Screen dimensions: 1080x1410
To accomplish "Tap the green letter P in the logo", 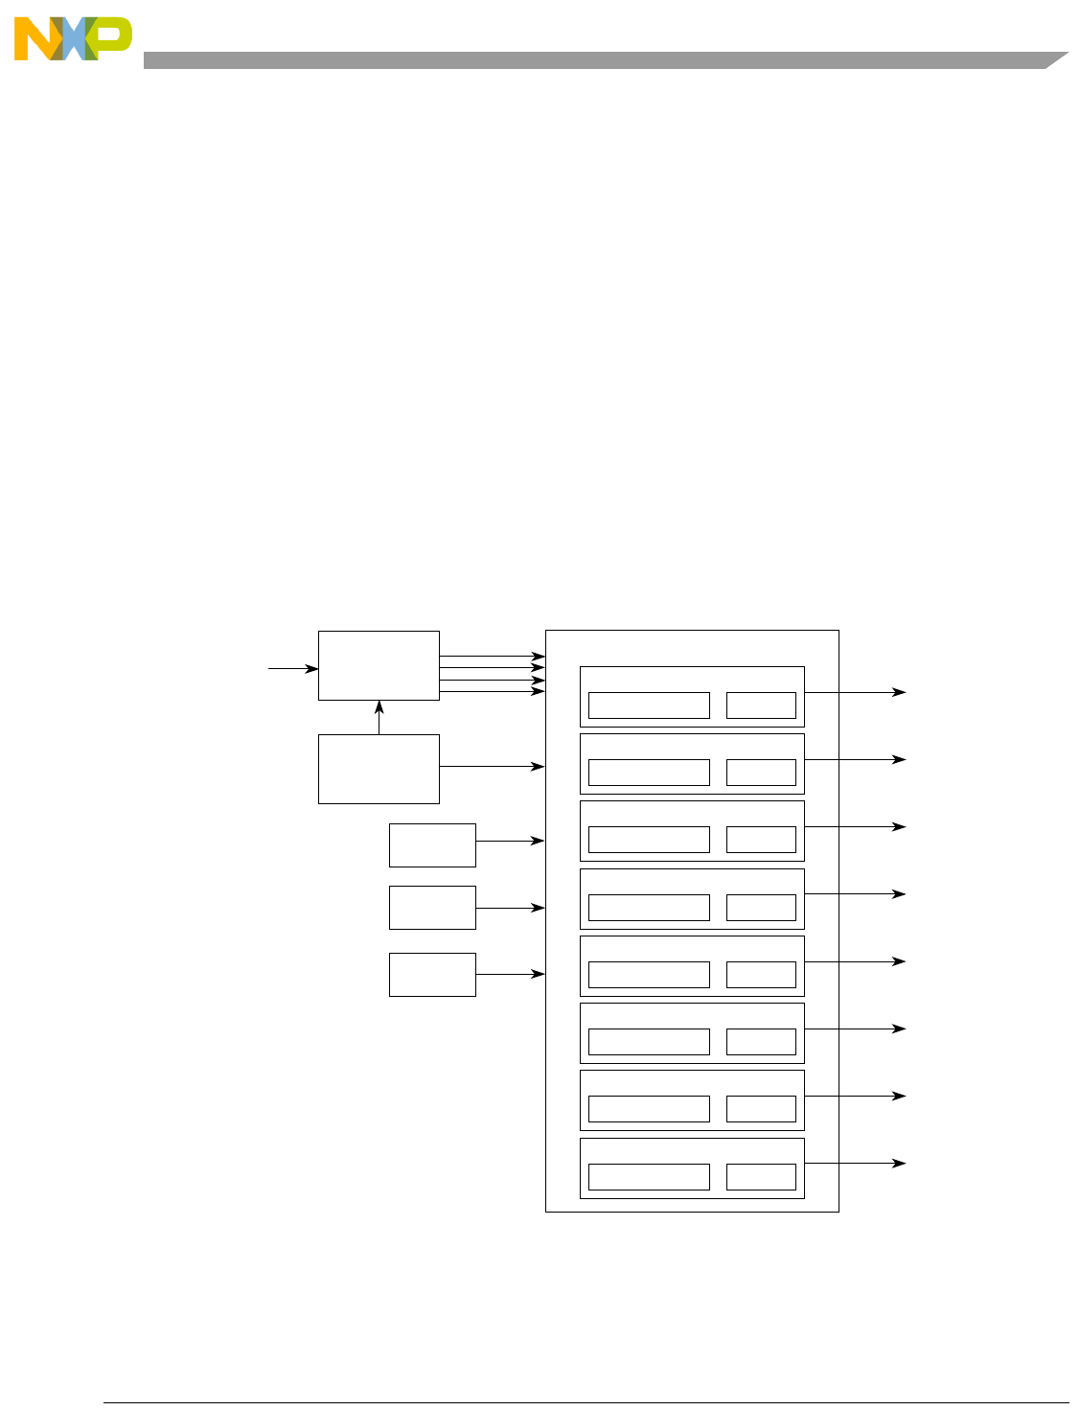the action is click(x=113, y=36).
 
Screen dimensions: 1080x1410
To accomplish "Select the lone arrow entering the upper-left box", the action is click(x=293, y=668).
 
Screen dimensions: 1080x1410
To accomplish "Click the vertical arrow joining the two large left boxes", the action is click(x=379, y=717).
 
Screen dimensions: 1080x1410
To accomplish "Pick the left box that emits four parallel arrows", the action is click(x=379, y=665).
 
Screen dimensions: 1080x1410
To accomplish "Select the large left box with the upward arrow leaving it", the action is click(x=379, y=769).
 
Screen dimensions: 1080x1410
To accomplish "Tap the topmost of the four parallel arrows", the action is click(x=492, y=657).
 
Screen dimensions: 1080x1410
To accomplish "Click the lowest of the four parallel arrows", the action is click(x=492, y=691).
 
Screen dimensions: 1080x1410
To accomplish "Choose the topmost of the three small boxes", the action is click(x=432, y=844).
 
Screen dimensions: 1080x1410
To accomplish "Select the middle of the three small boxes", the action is click(x=432, y=907).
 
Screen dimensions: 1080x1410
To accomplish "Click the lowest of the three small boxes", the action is click(x=432, y=974).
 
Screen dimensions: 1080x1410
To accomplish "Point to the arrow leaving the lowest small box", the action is click(x=510, y=974).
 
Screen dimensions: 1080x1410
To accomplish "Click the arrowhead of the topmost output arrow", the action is click(x=900, y=691).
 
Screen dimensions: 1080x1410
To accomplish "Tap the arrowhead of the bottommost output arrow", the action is click(x=900, y=1163).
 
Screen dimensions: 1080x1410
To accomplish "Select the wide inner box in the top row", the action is click(x=649, y=705).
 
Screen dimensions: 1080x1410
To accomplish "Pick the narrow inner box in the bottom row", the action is click(x=761, y=1176).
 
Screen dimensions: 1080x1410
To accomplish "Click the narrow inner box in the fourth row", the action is click(x=761, y=907).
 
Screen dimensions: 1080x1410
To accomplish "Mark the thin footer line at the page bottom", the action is click(x=585, y=1403).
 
